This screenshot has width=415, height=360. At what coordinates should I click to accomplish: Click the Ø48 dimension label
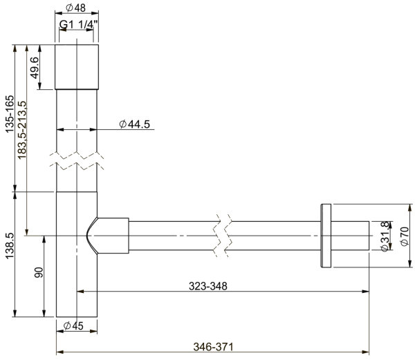[x=76, y=8]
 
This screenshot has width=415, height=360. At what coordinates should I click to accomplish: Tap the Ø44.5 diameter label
[x=135, y=124]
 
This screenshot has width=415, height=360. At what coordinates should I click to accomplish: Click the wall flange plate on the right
[x=326, y=235]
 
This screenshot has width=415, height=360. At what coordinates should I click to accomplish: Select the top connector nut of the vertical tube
[x=76, y=66]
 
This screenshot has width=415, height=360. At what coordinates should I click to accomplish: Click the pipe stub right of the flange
[x=350, y=236]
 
